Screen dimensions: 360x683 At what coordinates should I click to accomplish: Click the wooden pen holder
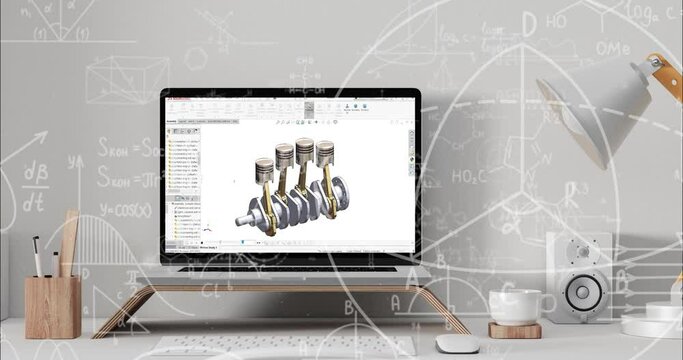[x=52, y=306]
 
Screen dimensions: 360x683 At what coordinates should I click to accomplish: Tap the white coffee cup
[x=515, y=306]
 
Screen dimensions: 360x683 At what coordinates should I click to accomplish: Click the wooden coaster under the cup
[x=514, y=329]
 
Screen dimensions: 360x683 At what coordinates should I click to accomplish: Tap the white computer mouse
[x=458, y=344]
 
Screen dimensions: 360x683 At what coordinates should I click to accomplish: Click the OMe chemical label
[x=612, y=49]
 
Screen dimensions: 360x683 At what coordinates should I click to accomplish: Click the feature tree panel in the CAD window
[x=182, y=185]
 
